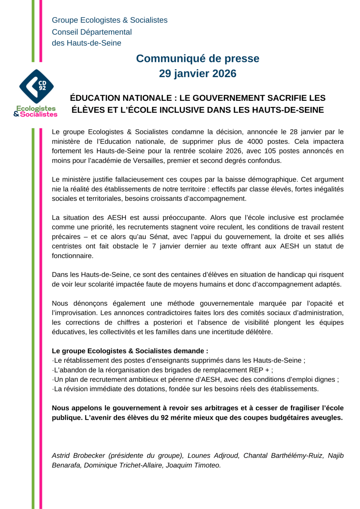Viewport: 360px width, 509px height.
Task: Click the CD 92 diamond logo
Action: tap(36, 86)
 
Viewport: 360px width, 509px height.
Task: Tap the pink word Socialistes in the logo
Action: tap(39, 114)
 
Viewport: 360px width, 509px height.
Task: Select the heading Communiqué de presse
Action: tap(198, 58)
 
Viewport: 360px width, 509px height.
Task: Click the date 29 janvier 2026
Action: tap(198, 74)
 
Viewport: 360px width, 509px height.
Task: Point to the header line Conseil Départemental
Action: tap(92, 32)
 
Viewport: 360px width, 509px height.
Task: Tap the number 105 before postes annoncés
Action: tap(270, 151)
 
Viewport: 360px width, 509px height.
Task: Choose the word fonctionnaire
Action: tap(72, 256)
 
